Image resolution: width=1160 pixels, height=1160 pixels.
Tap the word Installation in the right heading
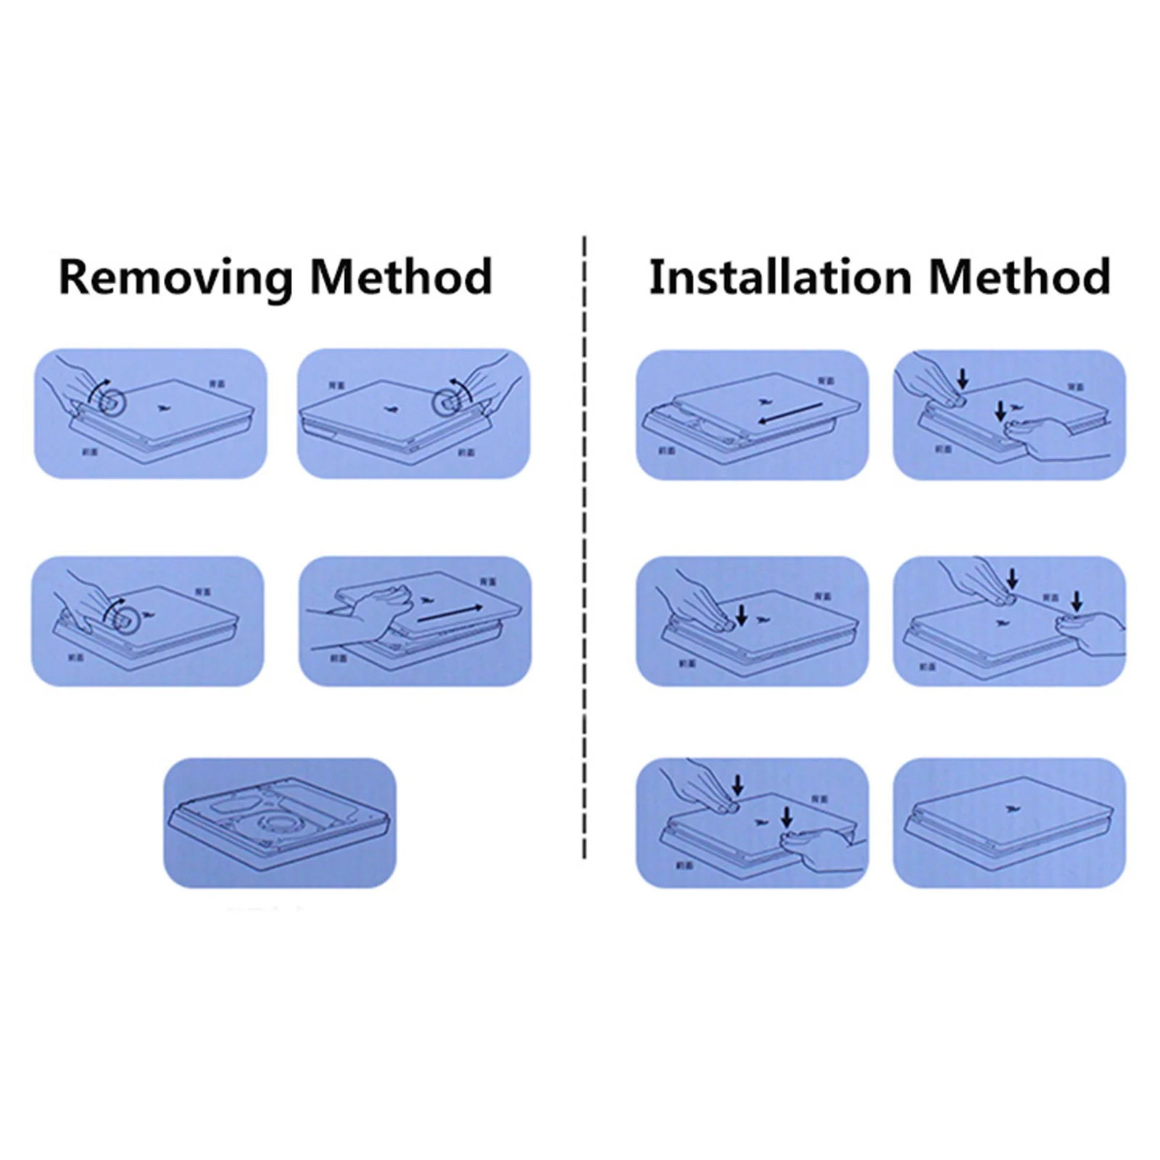[x=779, y=277]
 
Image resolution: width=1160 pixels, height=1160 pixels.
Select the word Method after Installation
[x=1019, y=277]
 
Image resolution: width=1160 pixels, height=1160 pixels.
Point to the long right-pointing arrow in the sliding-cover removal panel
[x=449, y=614]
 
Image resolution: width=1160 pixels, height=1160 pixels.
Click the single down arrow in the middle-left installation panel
[x=741, y=616]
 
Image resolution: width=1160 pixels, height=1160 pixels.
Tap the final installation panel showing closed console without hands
[x=1008, y=822]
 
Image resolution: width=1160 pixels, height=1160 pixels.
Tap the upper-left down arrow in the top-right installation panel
[x=962, y=378]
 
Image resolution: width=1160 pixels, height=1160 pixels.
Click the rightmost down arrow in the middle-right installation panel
[x=1077, y=601]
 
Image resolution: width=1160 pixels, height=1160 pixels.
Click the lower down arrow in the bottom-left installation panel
[x=787, y=819]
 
